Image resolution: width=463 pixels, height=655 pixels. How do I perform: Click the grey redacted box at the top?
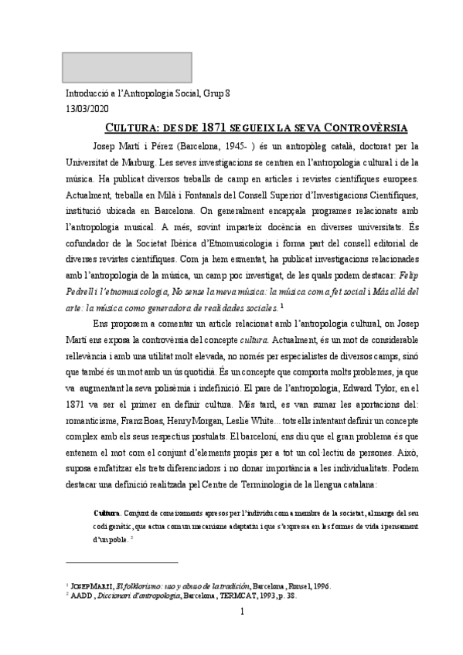[116, 68]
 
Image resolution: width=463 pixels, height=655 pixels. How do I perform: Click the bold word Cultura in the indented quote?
[107, 513]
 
